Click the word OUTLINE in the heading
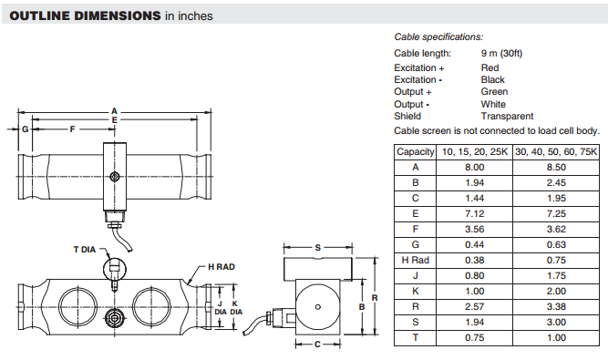(40, 15)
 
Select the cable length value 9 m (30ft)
(501, 53)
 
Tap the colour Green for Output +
(494, 91)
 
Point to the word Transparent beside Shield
(507, 116)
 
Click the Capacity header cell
(416, 151)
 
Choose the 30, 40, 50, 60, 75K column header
(556, 151)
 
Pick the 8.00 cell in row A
(475, 168)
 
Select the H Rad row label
(416, 260)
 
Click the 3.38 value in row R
(556, 306)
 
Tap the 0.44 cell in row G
(475, 244)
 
